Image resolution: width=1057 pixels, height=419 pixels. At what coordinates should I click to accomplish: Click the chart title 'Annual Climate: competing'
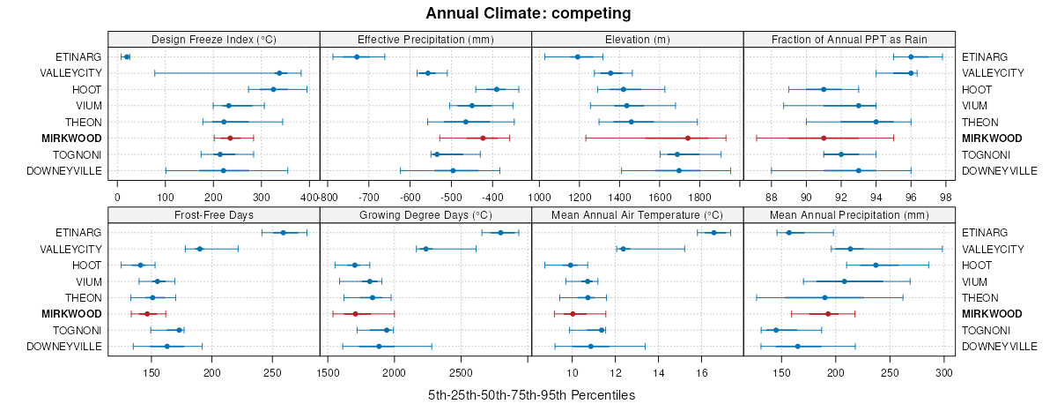(x=528, y=13)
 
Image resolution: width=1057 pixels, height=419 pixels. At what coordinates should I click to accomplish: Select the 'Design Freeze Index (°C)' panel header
(x=214, y=39)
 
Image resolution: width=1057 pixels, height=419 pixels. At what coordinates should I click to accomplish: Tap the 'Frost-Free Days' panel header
(x=214, y=214)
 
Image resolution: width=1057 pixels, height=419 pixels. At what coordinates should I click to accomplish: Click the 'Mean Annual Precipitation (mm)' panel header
(x=849, y=214)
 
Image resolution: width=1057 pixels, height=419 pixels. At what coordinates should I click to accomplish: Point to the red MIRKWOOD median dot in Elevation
(x=687, y=138)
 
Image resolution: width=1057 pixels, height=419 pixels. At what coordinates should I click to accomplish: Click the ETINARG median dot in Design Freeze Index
(x=127, y=56)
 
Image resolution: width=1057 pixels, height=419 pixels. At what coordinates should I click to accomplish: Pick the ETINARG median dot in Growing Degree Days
(x=500, y=233)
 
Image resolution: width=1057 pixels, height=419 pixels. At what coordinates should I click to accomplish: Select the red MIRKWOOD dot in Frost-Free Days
(x=147, y=314)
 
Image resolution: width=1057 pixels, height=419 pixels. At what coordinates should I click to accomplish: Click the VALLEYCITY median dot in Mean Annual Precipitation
(x=850, y=249)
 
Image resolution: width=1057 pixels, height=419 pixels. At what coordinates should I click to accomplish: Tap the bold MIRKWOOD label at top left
(x=71, y=138)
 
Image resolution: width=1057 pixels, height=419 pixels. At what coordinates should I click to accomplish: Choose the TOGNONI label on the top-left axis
(x=78, y=154)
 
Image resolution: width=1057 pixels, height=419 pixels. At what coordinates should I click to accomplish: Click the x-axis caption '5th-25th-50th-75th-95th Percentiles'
(x=531, y=395)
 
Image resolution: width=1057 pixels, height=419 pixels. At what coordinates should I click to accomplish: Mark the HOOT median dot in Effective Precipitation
(x=496, y=89)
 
